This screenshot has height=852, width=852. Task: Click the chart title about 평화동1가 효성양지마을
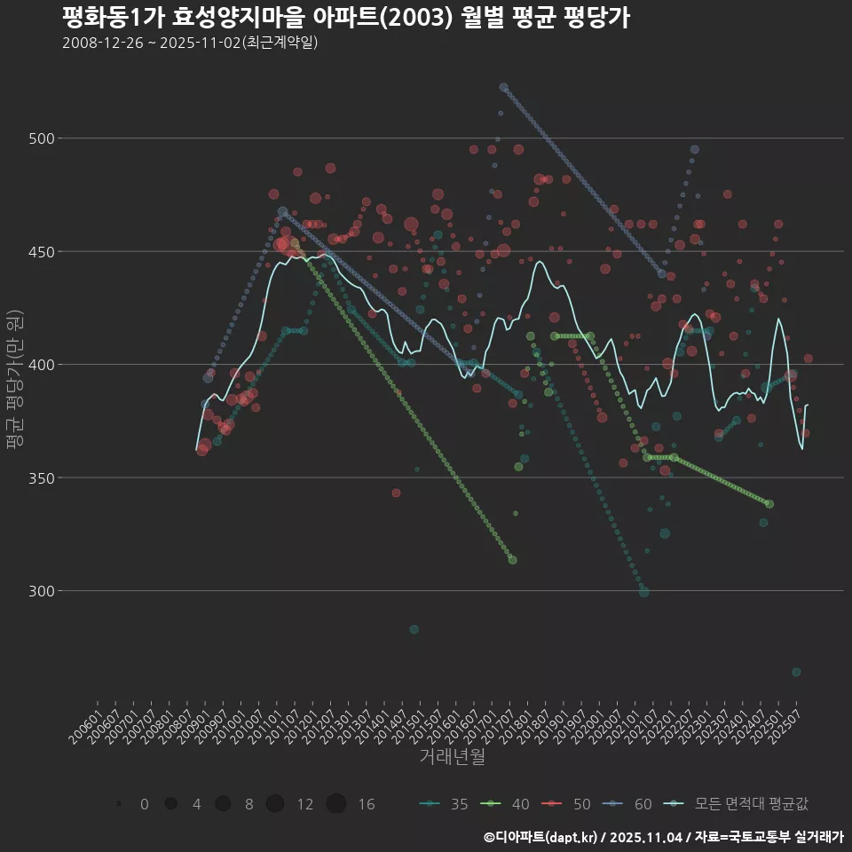(x=346, y=18)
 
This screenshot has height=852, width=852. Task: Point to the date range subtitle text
(x=190, y=43)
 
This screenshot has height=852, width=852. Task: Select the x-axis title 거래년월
(x=452, y=757)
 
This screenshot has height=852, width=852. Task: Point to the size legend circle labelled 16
(x=335, y=804)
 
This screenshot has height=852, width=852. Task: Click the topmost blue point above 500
(x=503, y=87)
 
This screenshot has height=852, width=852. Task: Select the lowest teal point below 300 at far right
(x=796, y=672)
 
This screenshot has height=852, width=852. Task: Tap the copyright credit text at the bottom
(x=663, y=837)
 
